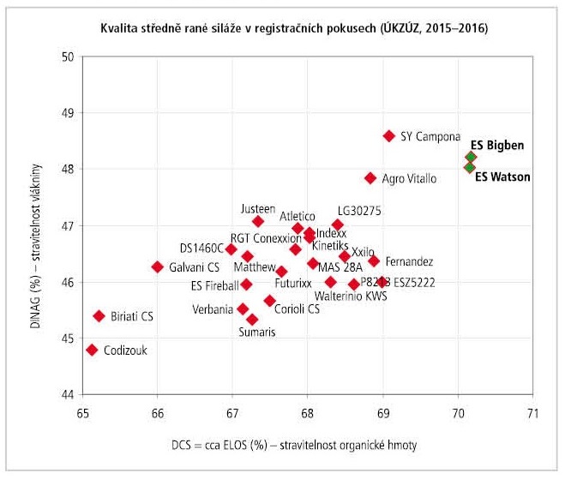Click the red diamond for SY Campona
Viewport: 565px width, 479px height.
pos(388,135)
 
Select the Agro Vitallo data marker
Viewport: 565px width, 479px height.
pos(370,178)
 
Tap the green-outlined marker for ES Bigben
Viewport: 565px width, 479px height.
pos(471,157)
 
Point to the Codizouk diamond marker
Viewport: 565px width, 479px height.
pos(92,350)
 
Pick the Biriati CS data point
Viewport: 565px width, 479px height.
pos(99,316)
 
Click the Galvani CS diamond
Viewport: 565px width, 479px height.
pos(158,266)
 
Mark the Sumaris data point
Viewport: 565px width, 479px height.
pos(252,319)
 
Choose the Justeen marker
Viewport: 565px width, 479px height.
pos(258,221)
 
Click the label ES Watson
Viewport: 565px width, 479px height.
pos(502,177)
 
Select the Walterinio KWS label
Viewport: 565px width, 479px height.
pos(352,296)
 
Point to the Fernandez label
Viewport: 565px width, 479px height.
pos(409,261)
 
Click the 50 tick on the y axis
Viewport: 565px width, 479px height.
pos(68,57)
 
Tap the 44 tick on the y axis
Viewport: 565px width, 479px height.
pos(68,395)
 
